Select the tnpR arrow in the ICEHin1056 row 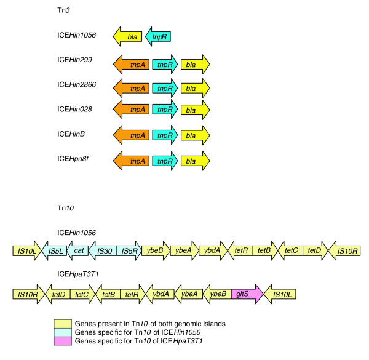tap(159, 37)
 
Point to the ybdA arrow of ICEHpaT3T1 tap(161, 294)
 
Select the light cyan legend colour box tap(62, 332)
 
